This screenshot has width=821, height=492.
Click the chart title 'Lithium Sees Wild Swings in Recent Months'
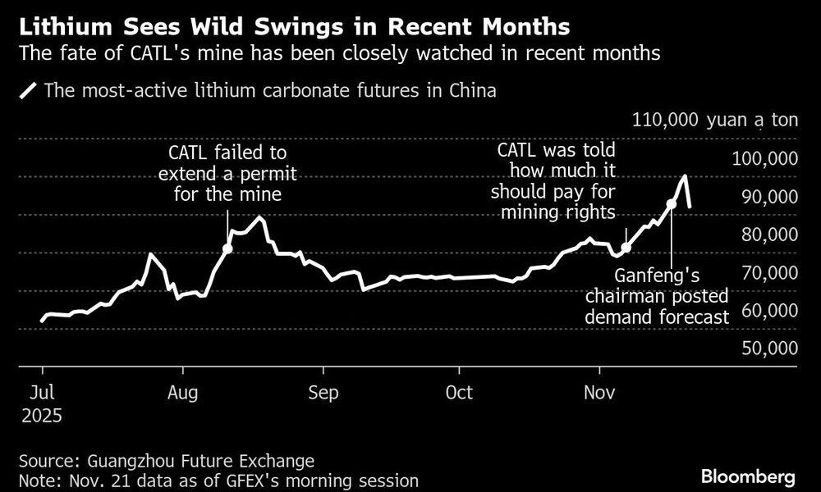[x=294, y=26]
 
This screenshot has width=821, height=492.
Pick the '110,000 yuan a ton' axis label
[x=714, y=121]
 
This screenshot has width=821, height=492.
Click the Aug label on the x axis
[x=182, y=393]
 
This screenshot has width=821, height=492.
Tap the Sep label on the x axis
[x=323, y=393]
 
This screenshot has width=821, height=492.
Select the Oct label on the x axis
[x=460, y=393]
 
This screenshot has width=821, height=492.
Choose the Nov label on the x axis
[x=599, y=393]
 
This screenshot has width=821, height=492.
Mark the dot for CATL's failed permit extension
[x=227, y=248]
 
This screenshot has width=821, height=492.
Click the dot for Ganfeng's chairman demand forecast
[x=671, y=203]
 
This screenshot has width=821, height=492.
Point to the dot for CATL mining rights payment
[x=626, y=247]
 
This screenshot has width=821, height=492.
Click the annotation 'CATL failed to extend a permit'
[x=227, y=174]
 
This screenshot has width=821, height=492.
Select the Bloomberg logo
[x=748, y=476]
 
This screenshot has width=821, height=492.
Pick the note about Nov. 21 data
[x=217, y=480]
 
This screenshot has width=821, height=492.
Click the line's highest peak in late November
[x=684, y=176]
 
